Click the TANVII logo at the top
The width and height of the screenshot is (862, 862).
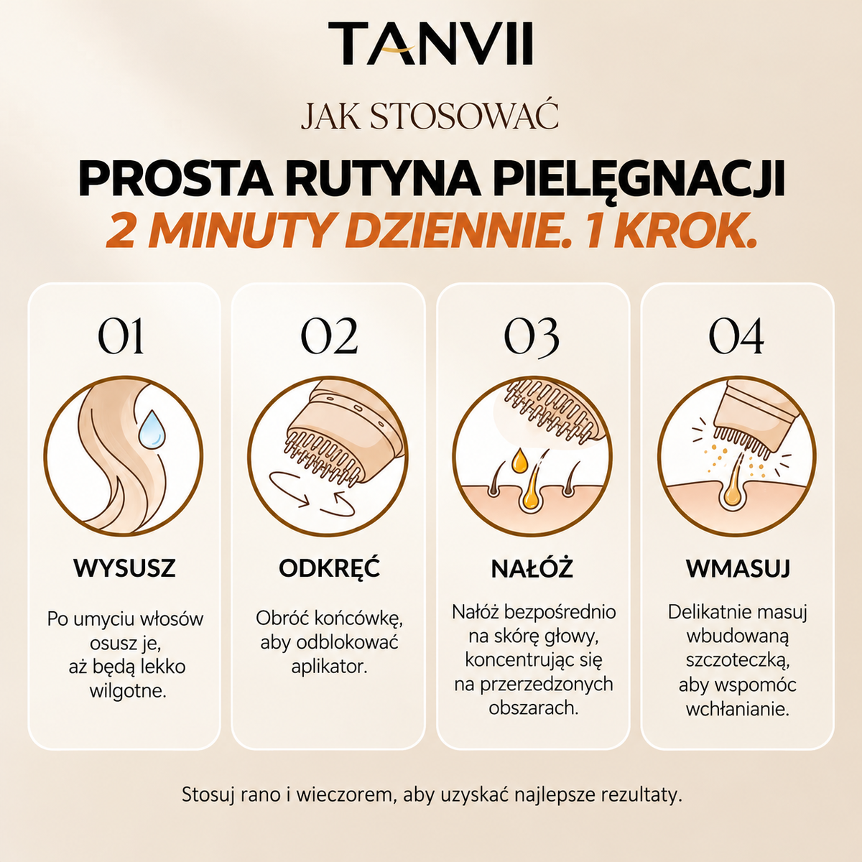coord(430,43)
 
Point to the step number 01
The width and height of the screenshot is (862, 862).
coord(121,336)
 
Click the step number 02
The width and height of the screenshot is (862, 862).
coord(329,336)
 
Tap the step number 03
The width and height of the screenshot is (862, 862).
coord(532,337)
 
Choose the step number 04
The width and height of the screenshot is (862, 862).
coord(736,336)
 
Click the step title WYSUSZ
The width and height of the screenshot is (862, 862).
coord(124,568)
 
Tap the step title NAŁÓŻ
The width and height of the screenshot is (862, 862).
coord(532,567)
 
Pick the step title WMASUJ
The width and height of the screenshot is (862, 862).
coord(738,568)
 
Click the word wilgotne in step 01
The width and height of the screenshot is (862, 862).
coord(128,690)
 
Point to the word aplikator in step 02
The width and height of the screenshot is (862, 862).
coord(329,667)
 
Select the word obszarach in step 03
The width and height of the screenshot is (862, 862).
coord(533,708)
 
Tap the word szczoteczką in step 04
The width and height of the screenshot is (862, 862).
coord(738,661)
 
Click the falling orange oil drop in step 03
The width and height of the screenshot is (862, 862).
coord(519,460)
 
